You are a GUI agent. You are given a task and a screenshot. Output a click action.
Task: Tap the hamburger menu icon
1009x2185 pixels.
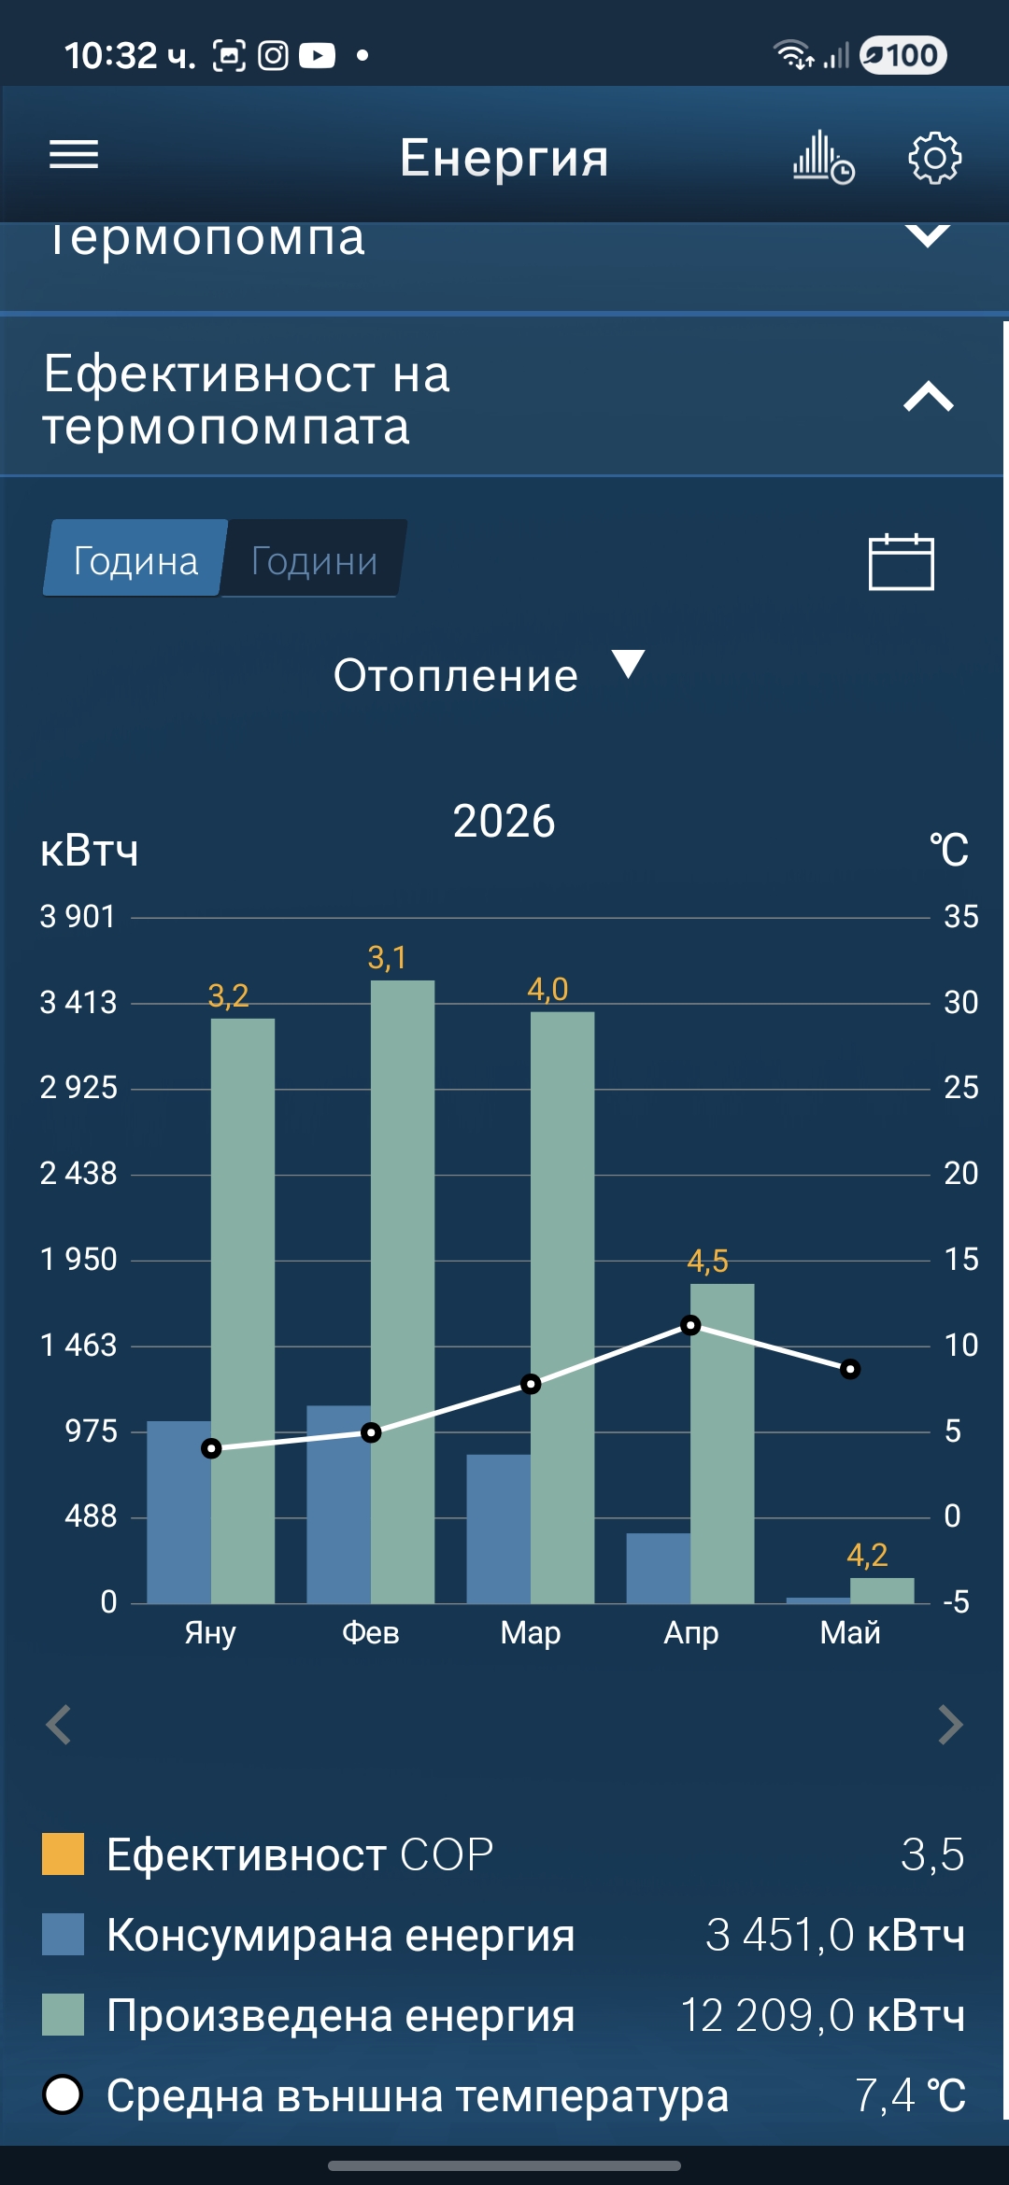pyautogui.click(x=74, y=155)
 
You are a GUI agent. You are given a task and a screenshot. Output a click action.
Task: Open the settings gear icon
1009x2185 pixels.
pyautogui.click(x=934, y=158)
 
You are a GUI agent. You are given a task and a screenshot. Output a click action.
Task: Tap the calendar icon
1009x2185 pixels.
pyautogui.click(x=901, y=561)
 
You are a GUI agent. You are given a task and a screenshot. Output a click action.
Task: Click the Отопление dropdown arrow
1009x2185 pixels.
pyautogui.click(x=628, y=664)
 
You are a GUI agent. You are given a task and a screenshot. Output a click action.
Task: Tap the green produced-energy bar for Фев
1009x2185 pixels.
pyautogui.click(x=403, y=1291)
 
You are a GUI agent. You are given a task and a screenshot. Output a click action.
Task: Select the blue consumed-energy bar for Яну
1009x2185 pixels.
pyautogui.click(x=179, y=1512)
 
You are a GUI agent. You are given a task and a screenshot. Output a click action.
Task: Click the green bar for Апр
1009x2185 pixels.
pyautogui.click(x=722, y=1444)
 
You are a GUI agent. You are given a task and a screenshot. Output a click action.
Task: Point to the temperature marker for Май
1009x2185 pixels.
pyautogui.click(x=850, y=1369)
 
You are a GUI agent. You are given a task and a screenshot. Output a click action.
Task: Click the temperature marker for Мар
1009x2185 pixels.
pyautogui.click(x=531, y=1384)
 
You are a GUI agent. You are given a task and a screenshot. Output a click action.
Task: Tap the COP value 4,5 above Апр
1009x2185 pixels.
pyautogui.click(x=707, y=1262)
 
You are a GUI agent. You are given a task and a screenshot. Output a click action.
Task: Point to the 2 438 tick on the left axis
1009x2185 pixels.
pyautogui.click(x=78, y=1173)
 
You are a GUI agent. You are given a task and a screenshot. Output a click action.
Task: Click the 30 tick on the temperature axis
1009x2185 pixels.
pyautogui.click(x=960, y=1002)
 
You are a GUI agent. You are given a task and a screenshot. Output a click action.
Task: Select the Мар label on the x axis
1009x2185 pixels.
pyautogui.click(x=531, y=1632)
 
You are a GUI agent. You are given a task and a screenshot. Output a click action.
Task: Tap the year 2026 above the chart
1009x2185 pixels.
pyautogui.click(x=504, y=821)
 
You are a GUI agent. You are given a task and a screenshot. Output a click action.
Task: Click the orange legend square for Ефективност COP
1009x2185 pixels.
pyautogui.click(x=63, y=1854)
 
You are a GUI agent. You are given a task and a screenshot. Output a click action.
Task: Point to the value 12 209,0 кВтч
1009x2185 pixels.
pyautogui.click(x=822, y=2014)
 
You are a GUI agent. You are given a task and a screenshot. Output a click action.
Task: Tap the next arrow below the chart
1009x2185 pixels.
pyautogui.click(x=950, y=1725)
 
